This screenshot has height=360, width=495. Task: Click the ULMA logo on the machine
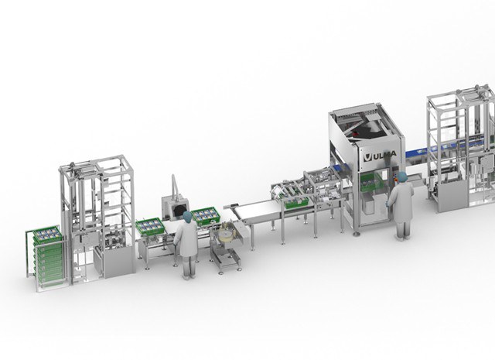380,156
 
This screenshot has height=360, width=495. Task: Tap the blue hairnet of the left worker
187,217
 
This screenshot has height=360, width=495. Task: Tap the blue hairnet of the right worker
402,177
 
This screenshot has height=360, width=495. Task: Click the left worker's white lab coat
186,238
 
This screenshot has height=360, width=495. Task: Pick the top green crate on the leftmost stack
47,235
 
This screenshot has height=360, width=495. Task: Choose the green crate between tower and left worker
150,227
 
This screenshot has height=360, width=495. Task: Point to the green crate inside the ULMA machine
371,183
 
